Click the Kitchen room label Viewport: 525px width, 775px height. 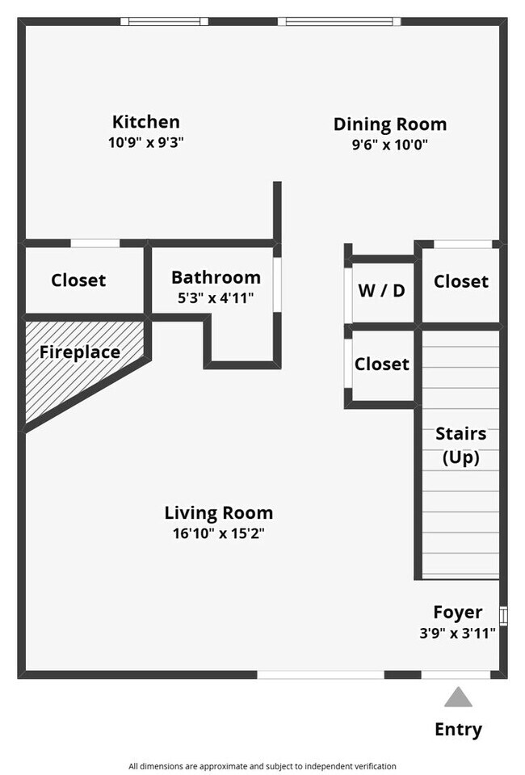tap(145, 122)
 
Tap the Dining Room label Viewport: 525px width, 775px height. tap(389, 124)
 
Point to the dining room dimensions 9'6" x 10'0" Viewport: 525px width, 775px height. tap(389, 145)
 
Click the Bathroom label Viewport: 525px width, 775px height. tap(216, 278)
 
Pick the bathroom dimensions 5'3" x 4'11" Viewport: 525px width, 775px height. tap(216, 298)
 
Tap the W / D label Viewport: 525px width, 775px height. tap(381, 291)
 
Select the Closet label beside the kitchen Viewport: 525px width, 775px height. tap(78, 280)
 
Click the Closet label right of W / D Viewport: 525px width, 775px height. tap(460, 281)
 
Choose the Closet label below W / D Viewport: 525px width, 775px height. tap(381, 364)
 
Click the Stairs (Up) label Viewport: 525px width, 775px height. tap(460, 445)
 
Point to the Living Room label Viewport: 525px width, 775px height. tap(218, 512)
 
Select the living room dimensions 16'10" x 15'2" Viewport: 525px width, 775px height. tap(218, 533)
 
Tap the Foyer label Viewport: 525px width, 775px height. tap(457, 612)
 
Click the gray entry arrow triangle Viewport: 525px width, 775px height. tap(458, 698)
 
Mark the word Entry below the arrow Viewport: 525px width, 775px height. tap(458, 729)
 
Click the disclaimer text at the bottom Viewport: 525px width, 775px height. tap(262, 765)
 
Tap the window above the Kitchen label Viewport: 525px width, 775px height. tap(165, 22)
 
